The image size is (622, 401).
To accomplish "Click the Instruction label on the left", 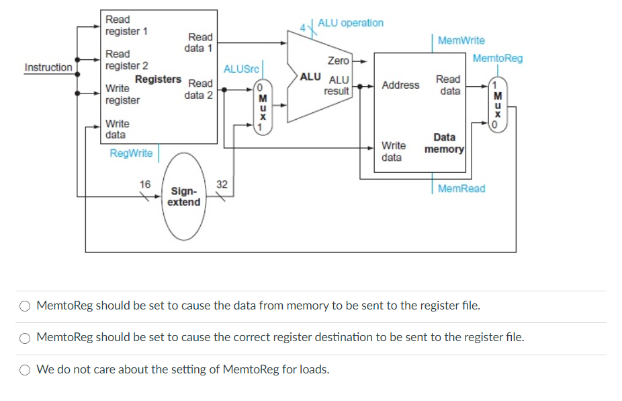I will point(48,67).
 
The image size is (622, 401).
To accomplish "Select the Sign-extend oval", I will point(184,196).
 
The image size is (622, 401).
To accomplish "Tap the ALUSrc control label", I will point(240,69).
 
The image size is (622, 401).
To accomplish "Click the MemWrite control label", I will point(461,41).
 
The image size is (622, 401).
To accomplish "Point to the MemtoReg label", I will point(497,59).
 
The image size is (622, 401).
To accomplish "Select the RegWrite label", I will point(131,153).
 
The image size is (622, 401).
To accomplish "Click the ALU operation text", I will point(351,23).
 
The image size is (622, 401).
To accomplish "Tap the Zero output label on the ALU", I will point(338,61).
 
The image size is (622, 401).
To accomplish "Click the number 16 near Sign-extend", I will point(145,184).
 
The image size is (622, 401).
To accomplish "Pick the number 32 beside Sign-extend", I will point(222,184).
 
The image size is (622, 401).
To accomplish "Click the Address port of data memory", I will point(400,85).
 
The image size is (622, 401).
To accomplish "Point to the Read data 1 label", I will point(199,42).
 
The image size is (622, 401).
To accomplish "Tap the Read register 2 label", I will point(126,60).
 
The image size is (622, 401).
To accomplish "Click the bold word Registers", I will point(158,79).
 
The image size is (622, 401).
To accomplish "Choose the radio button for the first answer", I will point(25,306).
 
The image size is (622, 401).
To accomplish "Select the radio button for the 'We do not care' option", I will point(25,369).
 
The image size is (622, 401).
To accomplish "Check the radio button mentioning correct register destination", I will point(25,338).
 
